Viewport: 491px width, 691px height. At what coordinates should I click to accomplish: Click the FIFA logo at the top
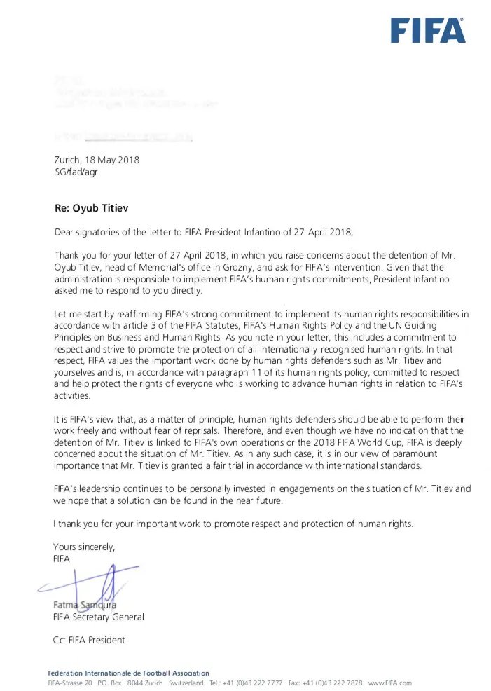coord(427,31)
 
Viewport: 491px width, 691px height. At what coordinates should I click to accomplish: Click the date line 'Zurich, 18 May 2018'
coord(97,160)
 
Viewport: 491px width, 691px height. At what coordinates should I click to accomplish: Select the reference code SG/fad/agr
coord(76,172)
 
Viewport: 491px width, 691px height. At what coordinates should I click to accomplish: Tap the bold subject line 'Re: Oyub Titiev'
coord(91,208)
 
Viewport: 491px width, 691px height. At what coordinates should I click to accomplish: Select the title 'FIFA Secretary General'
coord(99,617)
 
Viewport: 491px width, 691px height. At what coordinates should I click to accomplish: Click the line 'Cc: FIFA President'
coord(89,640)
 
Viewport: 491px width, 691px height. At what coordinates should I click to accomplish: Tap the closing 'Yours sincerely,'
coord(84,547)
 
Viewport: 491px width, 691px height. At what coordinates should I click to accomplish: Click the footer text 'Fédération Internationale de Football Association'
coord(128,673)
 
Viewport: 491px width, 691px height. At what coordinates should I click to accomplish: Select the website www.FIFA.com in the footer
coord(389,683)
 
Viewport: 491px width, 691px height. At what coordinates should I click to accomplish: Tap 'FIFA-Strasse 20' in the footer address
coord(70,683)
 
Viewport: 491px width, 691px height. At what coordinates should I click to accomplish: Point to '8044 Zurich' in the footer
coord(145,683)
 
